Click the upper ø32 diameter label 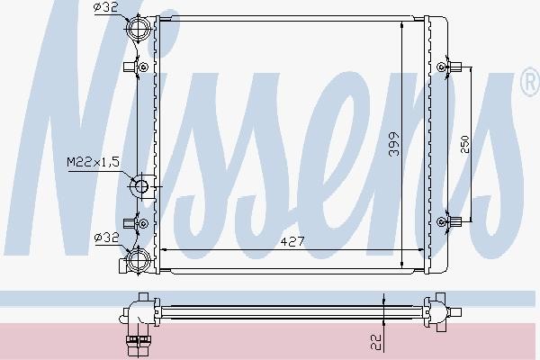coord(105,7)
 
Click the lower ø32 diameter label coord(106,237)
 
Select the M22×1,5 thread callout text coord(93,162)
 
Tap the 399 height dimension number coord(393,144)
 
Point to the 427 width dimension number coord(292,241)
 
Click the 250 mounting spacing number coord(464,144)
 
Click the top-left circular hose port coord(139,28)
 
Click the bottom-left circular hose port coord(139,260)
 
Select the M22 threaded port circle coord(141,186)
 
